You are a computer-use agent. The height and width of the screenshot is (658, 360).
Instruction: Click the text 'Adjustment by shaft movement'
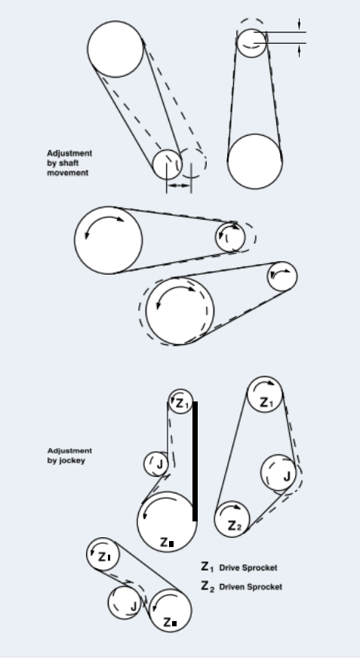tap(69, 163)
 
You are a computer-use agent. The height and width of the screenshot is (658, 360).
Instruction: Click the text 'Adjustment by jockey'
tap(69, 455)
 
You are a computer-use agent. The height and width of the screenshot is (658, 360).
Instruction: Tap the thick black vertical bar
tap(195, 461)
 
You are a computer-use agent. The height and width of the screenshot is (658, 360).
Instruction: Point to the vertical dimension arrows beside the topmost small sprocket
tap(300, 37)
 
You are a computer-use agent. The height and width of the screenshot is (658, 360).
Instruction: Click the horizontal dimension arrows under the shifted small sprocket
tap(180, 183)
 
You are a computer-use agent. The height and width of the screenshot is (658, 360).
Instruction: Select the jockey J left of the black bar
tap(157, 463)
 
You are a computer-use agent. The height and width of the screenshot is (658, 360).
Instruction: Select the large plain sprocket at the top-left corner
tap(115, 49)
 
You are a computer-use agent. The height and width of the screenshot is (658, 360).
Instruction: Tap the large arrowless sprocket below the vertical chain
tap(255, 161)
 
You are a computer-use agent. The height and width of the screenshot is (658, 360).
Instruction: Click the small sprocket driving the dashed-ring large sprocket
tap(282, 276)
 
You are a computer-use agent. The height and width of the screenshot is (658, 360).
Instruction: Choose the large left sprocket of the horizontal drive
tap(109, 240)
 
